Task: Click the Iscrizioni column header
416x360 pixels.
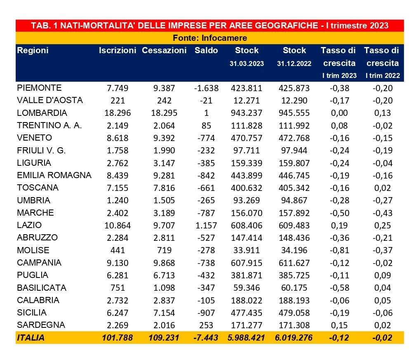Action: pyautogui.click(x=118, y=50)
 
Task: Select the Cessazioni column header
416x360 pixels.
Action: pyautogui.click(x=164, y=50)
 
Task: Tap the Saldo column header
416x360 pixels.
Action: pyautogui.click(x=206, y=50)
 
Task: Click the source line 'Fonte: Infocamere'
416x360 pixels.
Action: pyautogui.click(x=210, y=38)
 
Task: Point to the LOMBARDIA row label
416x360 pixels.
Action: pyautogui.click(x=42, y=113)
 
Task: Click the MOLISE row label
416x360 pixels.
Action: pyautogui.click(x=33, y=250)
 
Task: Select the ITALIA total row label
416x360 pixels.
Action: pyautogui.click(x=31, y=338)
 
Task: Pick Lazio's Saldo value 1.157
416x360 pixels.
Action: pyautogui.click(x=206, y=226)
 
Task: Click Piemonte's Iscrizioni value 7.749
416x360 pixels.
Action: pyautogui.click(x=118, y=88)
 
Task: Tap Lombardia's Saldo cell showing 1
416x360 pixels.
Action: pyautogui.click(x=207, y=113)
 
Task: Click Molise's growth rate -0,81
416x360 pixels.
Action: pyautogui.click(x=339, y=250)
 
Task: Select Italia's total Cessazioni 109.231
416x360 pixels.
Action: pyautogui.click(x=164, y=338)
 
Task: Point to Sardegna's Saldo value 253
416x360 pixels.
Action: pyautogui.click(x=206, y=325)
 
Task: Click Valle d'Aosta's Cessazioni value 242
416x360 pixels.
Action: pyautogui.click(x=164, y=101)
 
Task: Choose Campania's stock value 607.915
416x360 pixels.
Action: pyautogui.click(x=247, y=263)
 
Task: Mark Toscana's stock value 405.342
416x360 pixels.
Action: pyautogui.click(x=294, y=188)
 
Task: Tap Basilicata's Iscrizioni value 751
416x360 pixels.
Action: pyautogui.click(x=118, y=288)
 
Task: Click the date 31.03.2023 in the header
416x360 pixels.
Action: pyautogui.click(x=247, y=64)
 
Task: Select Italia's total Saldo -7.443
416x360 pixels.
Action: pyautogui.click(x=206, y=338)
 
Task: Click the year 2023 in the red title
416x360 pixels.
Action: pyautogui.click(x=379, y=26)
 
